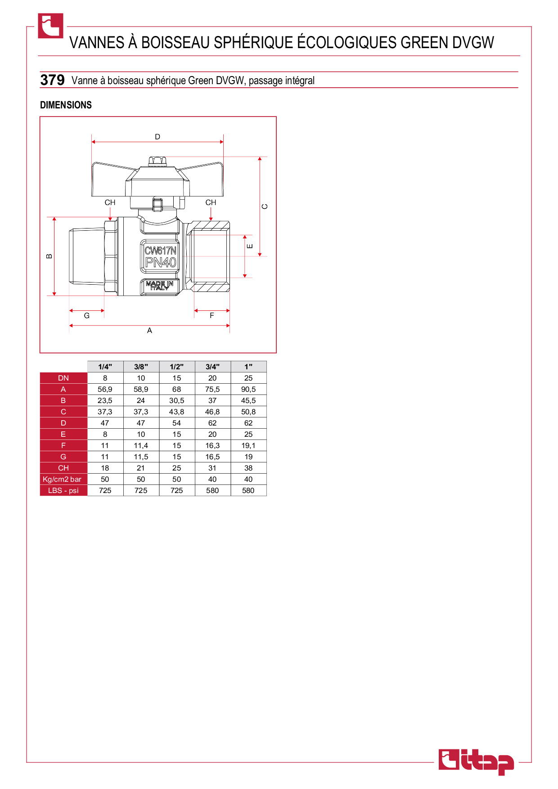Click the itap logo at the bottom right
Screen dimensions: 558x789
(476, 762)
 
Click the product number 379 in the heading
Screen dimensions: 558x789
(53, 80)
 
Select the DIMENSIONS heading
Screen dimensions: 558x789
(66, 105)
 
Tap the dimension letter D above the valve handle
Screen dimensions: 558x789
(157, 137)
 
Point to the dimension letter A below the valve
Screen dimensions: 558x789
(149, 331)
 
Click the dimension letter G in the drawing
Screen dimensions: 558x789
(87, 316)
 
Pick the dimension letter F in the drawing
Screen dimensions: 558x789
(212, 316)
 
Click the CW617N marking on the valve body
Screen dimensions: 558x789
(161, 250)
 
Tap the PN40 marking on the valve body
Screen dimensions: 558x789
(161, 262)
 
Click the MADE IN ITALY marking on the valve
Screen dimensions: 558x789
(160, 286)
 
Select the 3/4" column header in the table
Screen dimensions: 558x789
(212, 367)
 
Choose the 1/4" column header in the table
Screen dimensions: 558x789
(105, 367)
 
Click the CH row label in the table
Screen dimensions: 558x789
(63, 468)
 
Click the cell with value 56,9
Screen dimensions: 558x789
(105, 389)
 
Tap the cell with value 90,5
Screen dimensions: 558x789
(248, 389)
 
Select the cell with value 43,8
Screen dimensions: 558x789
(176, 412)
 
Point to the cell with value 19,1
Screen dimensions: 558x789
(248, 445)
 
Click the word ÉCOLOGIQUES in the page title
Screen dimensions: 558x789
(347, 42)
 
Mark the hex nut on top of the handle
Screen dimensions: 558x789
(157, 161)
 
